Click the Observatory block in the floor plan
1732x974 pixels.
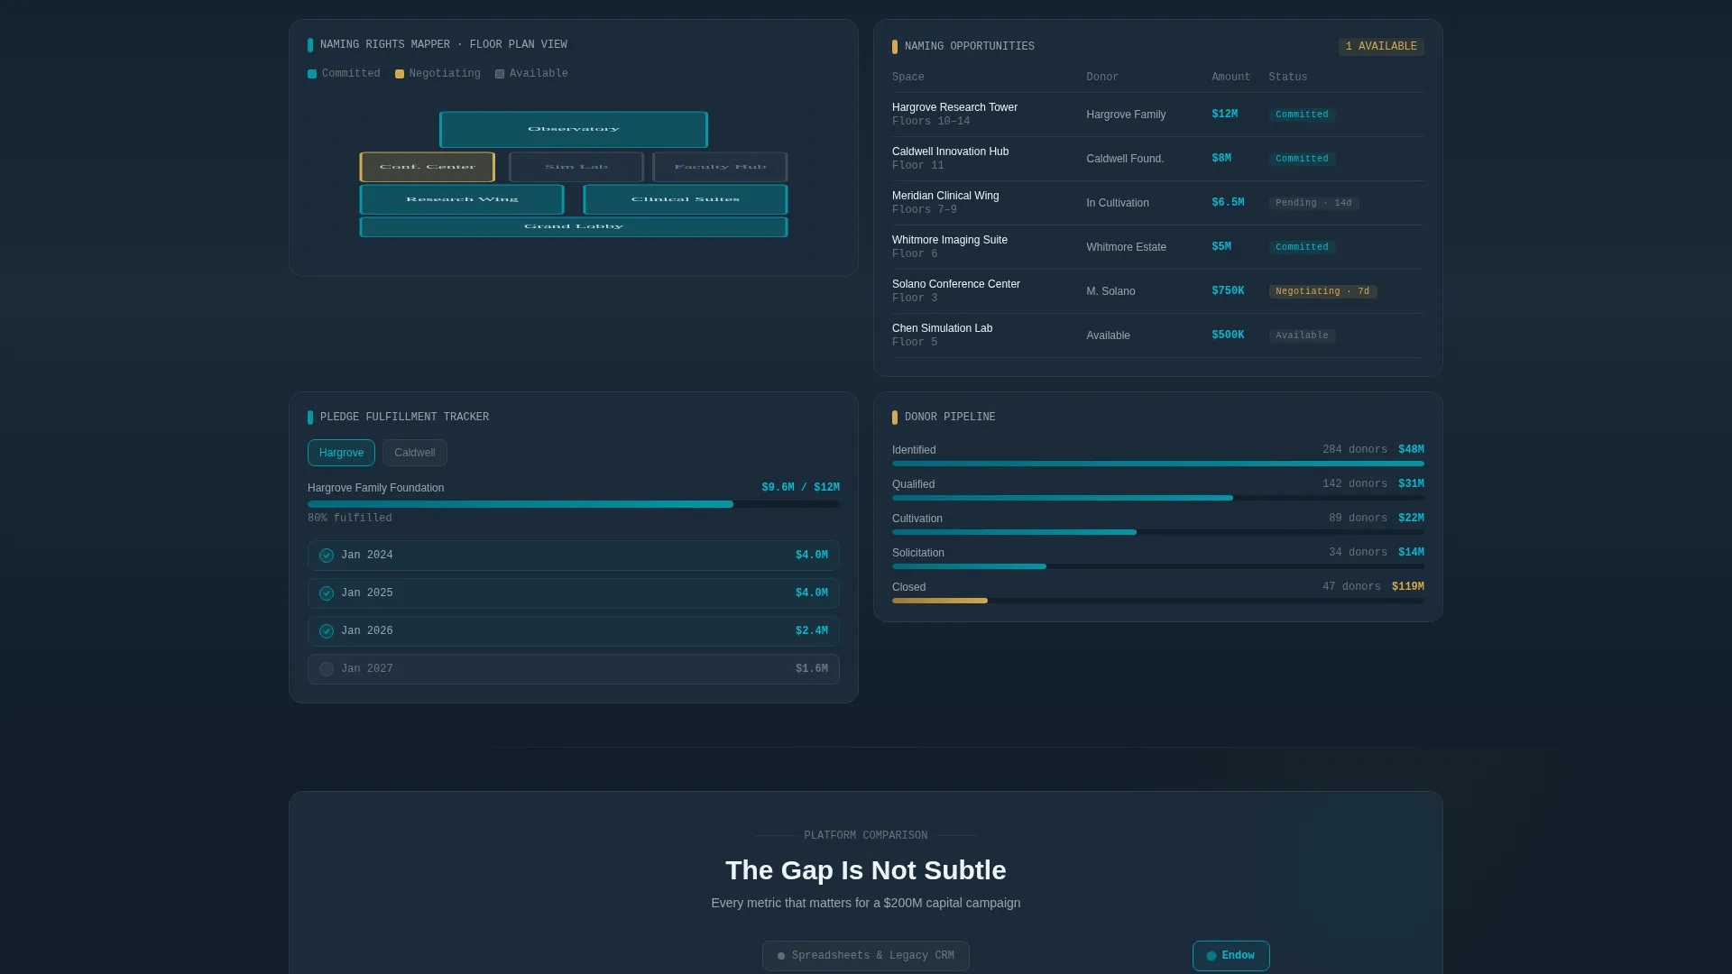point(573,129)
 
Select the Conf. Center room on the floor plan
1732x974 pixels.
point(427,167)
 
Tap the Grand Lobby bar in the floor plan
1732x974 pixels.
point(573,226)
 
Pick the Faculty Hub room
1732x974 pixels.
point(720,167)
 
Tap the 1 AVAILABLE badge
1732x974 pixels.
point(1381,47)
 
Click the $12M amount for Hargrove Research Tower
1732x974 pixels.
point(1224,115)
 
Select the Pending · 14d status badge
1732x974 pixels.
point(1313,203)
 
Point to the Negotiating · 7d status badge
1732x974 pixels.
point(1322,291)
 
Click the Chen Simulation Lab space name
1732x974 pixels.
point(942,328)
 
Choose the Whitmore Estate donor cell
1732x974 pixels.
point(1126,247)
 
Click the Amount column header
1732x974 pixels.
point(1230,78)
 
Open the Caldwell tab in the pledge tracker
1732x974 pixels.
point(415,453)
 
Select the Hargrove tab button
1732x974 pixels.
point(341,453)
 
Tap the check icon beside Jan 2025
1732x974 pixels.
point(327,593)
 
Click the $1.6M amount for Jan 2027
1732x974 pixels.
point(811,669)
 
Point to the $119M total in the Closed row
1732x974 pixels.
point(1407,587)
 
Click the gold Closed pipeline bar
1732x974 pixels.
point(940,601)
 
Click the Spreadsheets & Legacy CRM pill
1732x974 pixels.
point(866,956)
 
